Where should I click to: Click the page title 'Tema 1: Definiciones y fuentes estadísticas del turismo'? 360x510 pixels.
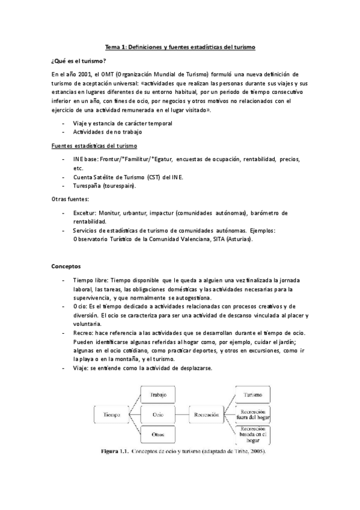coord(180,46)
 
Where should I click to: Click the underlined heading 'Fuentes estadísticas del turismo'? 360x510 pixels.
coord(94,146)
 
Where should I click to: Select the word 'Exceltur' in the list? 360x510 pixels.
coord(86,213)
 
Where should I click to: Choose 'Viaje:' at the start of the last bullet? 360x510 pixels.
coord(81,368)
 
